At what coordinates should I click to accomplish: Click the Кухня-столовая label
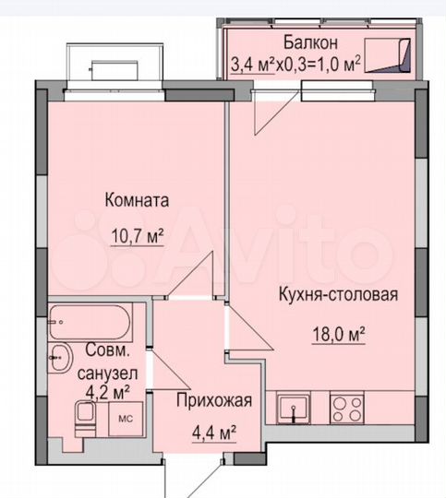coord(338,295)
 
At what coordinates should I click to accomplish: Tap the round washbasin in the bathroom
coord(63,355)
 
